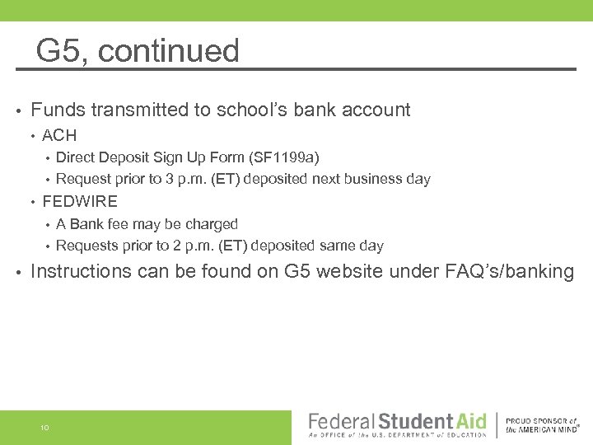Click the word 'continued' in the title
[x=169, y=51]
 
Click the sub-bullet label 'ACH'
[x=59, y=135]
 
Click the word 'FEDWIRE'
[x=80, y=201]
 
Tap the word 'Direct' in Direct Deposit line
[x=75, y=157]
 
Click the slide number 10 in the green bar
[x=44, y=428]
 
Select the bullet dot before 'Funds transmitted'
[x=16, y=110]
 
